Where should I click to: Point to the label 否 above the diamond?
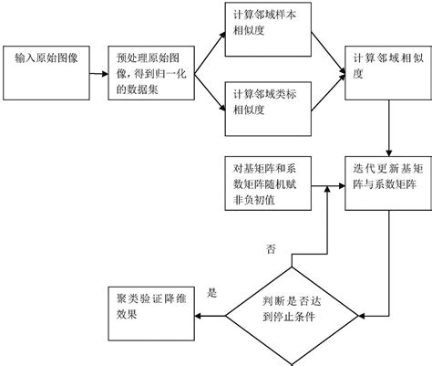pyautogui.click(x=271, y=249)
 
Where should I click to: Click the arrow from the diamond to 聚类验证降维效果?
pyautogui.click(x=214, y=316)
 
